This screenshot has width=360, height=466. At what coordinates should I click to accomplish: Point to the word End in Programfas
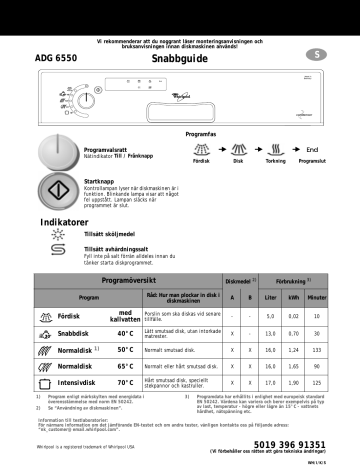coord(314,149)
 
